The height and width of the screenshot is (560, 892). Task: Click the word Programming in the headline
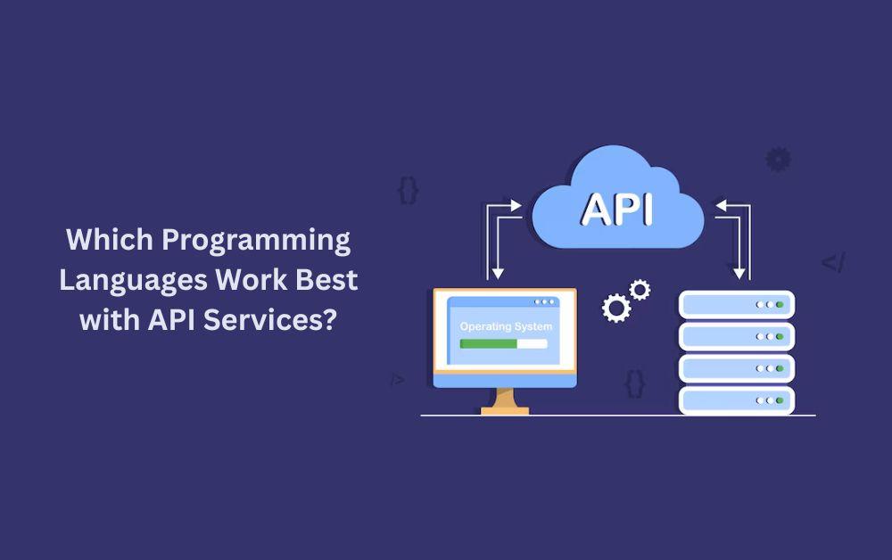(x=256, y=241)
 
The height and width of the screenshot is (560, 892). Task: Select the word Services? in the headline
(x=270, y=320)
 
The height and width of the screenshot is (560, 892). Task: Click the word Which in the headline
(x=110, y=239)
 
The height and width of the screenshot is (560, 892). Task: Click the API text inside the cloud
(x=617, y=210)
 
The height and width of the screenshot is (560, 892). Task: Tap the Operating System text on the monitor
(x=506, y=326)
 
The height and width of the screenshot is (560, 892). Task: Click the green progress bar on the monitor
(x=488, y=344)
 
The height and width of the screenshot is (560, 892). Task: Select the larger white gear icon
(x=616, y=309)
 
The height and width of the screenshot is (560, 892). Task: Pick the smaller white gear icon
(x=640, y=290)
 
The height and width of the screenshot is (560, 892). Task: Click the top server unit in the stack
(x=737, y=305)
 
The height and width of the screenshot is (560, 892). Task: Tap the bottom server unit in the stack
(x=737, y=400)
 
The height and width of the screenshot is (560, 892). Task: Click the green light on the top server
(x=780, y=305)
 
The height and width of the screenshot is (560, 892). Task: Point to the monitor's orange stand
(x=505, y=401)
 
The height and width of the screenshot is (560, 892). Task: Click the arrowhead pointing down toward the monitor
(x=498, y=274)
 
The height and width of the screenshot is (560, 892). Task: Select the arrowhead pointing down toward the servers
(x=739, y=274)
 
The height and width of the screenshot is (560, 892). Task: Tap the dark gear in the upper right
(x=778, y=160)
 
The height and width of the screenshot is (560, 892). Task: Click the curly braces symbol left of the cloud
(x=408, y=191)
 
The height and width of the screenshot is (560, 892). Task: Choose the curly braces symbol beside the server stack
(x=635, y=383)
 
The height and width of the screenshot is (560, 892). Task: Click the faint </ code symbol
(x=833, y=263)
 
